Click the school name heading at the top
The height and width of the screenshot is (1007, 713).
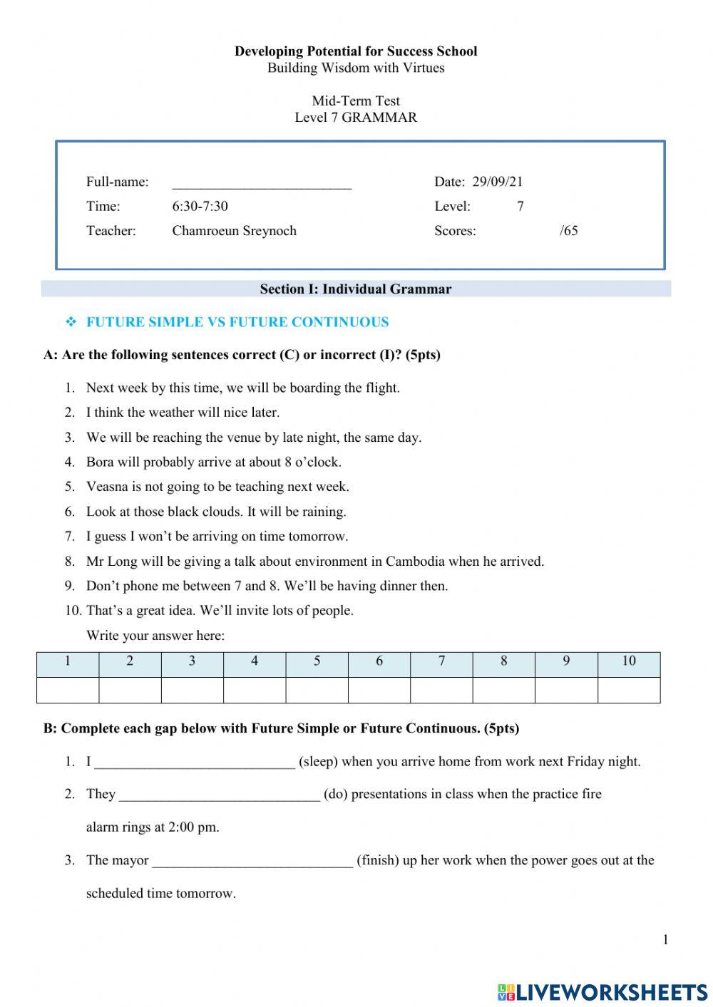pyautogui.click(x=356, y=51)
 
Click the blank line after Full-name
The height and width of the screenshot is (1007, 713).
pyautogui.click(x=262, y=184)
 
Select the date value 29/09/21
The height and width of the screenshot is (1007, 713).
pyautogui.click(x=497, y=182)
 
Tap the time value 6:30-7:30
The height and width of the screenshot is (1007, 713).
pyautogui.click(x=200, y=207)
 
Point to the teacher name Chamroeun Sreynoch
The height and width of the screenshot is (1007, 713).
pyautogui.click(x=234, y=231)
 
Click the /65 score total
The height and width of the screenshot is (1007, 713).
pyautogui.click(x=568, y=231)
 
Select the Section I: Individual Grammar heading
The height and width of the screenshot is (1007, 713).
pyautogui.click(x=355, y=289)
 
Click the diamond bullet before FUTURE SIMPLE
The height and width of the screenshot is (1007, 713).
pyautogui.click(x=71, y=322)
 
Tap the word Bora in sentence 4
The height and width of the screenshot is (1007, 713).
pyautogui.click(x=100, y=462)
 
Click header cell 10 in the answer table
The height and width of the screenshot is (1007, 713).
pyautogui.click(x=628, y=661)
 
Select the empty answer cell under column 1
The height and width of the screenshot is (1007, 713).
pyautogui.click(x=68, y=690)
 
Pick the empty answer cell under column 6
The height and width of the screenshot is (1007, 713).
pyautogui.click(x=379, y=690)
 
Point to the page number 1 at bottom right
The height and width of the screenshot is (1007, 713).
pyautogui.click(x=665, y=940)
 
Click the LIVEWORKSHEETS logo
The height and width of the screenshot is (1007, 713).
pyautogui.click(x=602, y=992)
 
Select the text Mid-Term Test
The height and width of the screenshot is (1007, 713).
pyautogui.click(x=356, y=101)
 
